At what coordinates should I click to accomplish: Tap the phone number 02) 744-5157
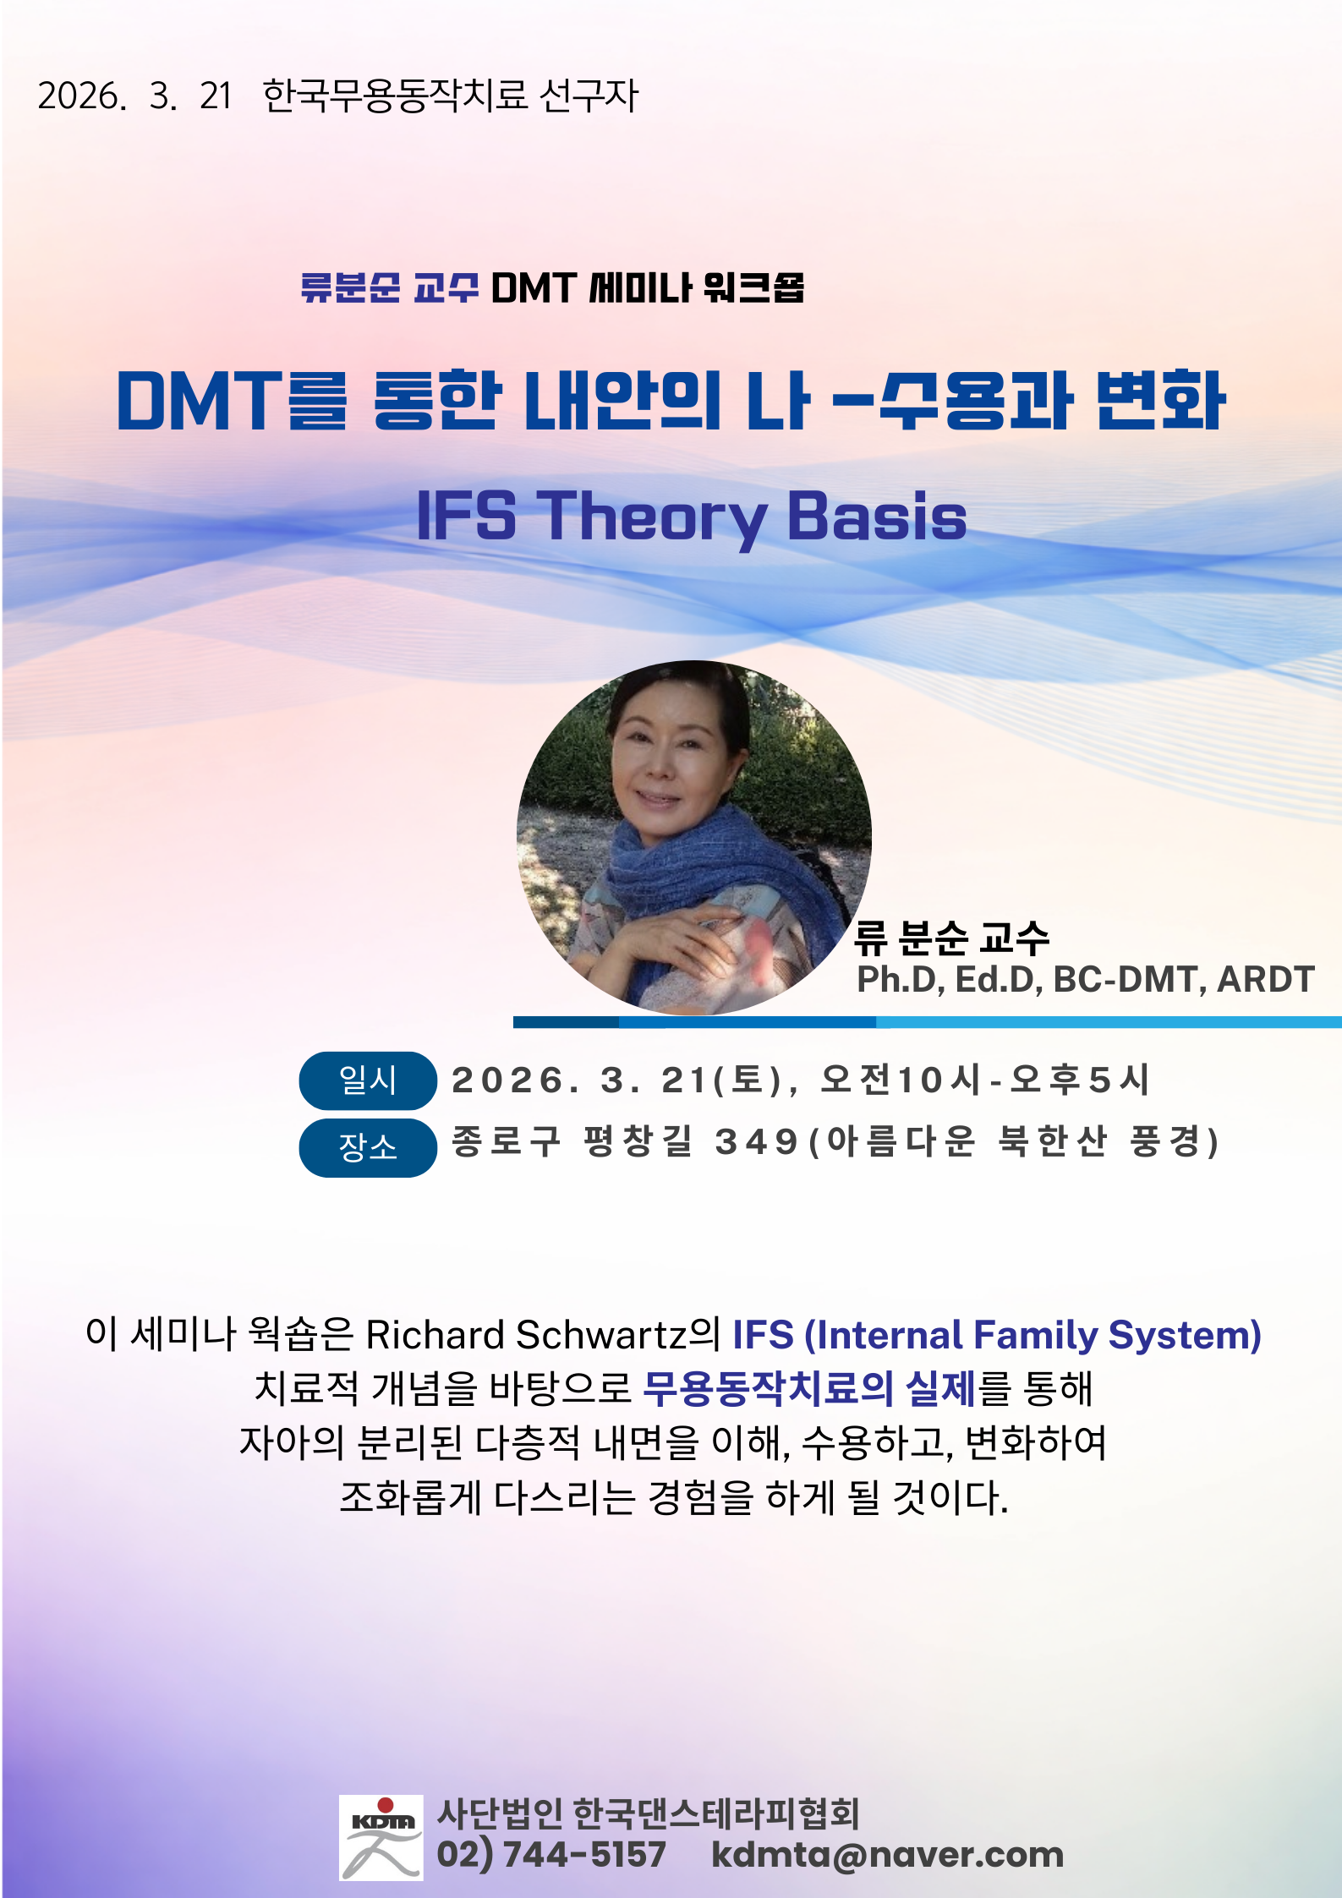[551, 1854]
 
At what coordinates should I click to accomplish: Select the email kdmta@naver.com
[887, 1854]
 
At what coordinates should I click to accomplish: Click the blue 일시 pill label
[368, 1080]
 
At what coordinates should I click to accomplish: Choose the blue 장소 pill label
[368, 1147]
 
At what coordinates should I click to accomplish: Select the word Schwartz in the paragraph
[601, 1335]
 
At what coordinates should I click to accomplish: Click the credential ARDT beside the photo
[1266, 979]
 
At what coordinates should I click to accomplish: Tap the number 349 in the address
[756, 1142]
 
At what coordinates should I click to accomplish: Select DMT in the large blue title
[200, 400]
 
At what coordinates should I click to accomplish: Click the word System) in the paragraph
[1185, 1336]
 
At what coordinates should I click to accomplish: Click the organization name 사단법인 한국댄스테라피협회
[649, 1813]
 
